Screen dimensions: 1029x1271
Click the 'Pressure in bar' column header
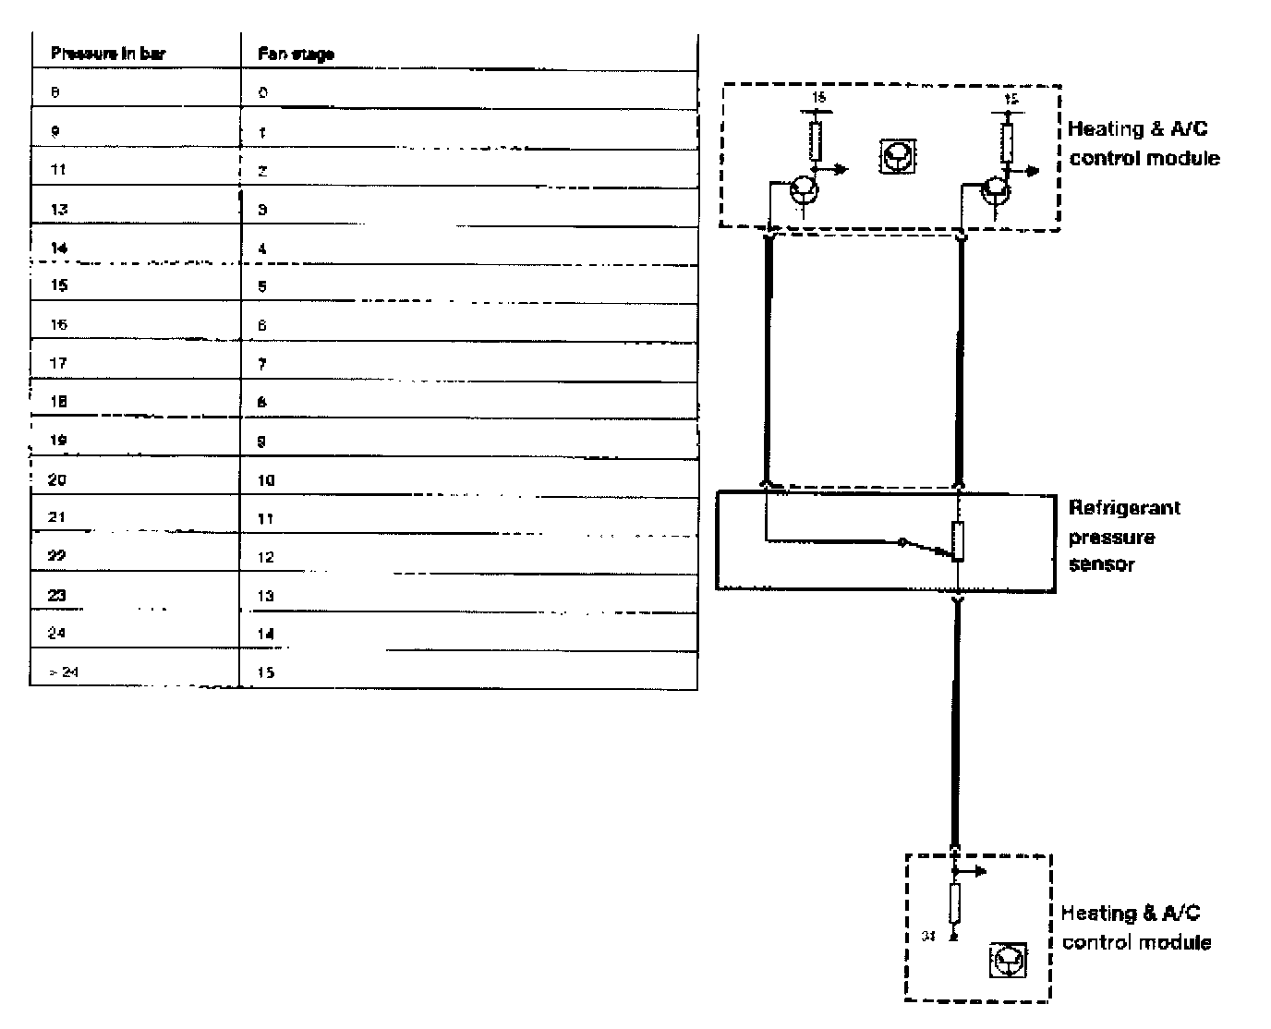pos(108,54)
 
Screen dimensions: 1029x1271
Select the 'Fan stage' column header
pos(296,54)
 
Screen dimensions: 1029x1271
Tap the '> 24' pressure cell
pos(65,672)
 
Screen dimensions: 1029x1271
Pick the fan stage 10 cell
pos(266,480)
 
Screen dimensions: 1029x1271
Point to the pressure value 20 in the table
pos(57,480)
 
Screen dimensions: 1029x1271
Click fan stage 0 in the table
pos(263,93)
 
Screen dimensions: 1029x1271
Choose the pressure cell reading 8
pos(56,93)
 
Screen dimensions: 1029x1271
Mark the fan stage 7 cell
pos(262,364)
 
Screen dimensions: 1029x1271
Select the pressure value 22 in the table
pos(57,557)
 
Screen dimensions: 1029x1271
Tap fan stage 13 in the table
pos(266,596)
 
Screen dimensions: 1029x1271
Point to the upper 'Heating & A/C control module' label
pos(1144,144)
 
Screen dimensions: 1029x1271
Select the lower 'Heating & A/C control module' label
pos(1134,927)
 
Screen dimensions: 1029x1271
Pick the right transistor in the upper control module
pos(996,190)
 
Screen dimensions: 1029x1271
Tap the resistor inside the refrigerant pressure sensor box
pos(959,540)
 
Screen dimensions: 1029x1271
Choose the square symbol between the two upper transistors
pos(897,156)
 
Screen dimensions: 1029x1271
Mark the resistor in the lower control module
pos(954,903)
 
